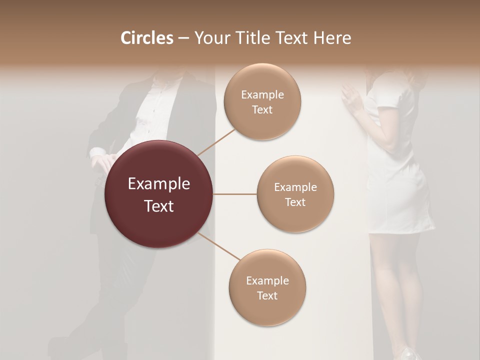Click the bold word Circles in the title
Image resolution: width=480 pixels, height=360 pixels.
pyautogui.click(x=147, y=38)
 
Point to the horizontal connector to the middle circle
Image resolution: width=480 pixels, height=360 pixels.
pyautogui.click(x=235, y=194)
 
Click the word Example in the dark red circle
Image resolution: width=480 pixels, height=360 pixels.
pyautogui.click(x=159, y=184)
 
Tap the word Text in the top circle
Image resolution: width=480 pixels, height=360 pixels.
pyautogui.click(x=262, y=110)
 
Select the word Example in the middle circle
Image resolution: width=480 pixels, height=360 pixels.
pyautogui.click(x=295, y=187)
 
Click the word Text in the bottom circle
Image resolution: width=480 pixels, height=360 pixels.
pyautogui.click(x=267, y=296)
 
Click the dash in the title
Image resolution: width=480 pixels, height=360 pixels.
pyautogui.click(x=183, y=38)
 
